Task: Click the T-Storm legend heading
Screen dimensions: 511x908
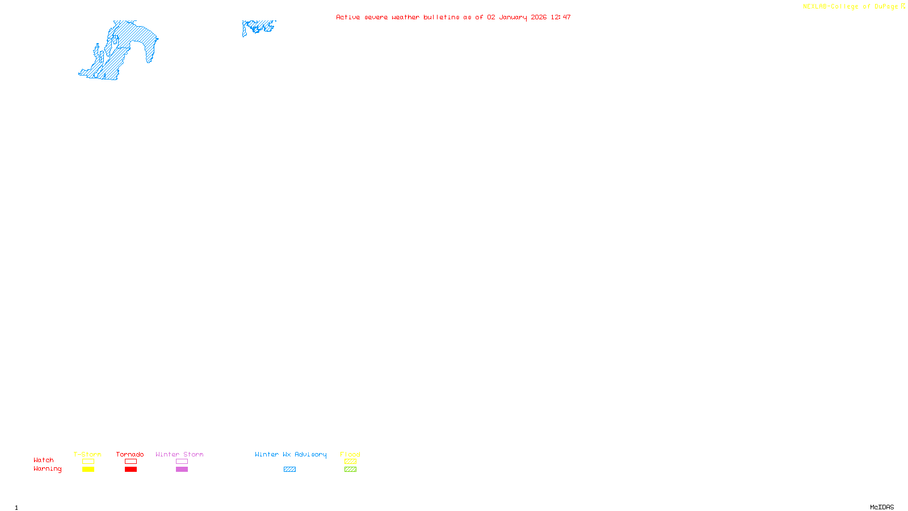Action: (87, 454)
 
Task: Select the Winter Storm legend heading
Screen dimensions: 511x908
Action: (179, 454)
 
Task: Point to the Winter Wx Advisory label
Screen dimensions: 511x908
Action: (291, 454)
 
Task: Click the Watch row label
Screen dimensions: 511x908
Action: (44, 460)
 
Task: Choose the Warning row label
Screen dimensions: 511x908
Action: (48, 469)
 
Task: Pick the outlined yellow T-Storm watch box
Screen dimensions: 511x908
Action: (88, 462)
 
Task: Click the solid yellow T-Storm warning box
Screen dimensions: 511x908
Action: (88, 470)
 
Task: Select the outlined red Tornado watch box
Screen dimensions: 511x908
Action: (131, 462)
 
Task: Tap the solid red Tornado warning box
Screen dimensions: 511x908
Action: (131, 470)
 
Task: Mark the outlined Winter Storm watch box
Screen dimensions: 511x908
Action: (182, 462)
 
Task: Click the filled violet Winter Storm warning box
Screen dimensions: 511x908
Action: (182, 470)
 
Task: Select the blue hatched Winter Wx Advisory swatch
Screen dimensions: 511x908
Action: (289, 470)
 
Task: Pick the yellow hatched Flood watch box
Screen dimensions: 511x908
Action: (350, 462)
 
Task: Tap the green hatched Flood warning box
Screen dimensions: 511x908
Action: (350, 470)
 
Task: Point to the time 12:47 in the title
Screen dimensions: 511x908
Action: (561, 17)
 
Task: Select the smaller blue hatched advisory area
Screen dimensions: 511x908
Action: (259, 26)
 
